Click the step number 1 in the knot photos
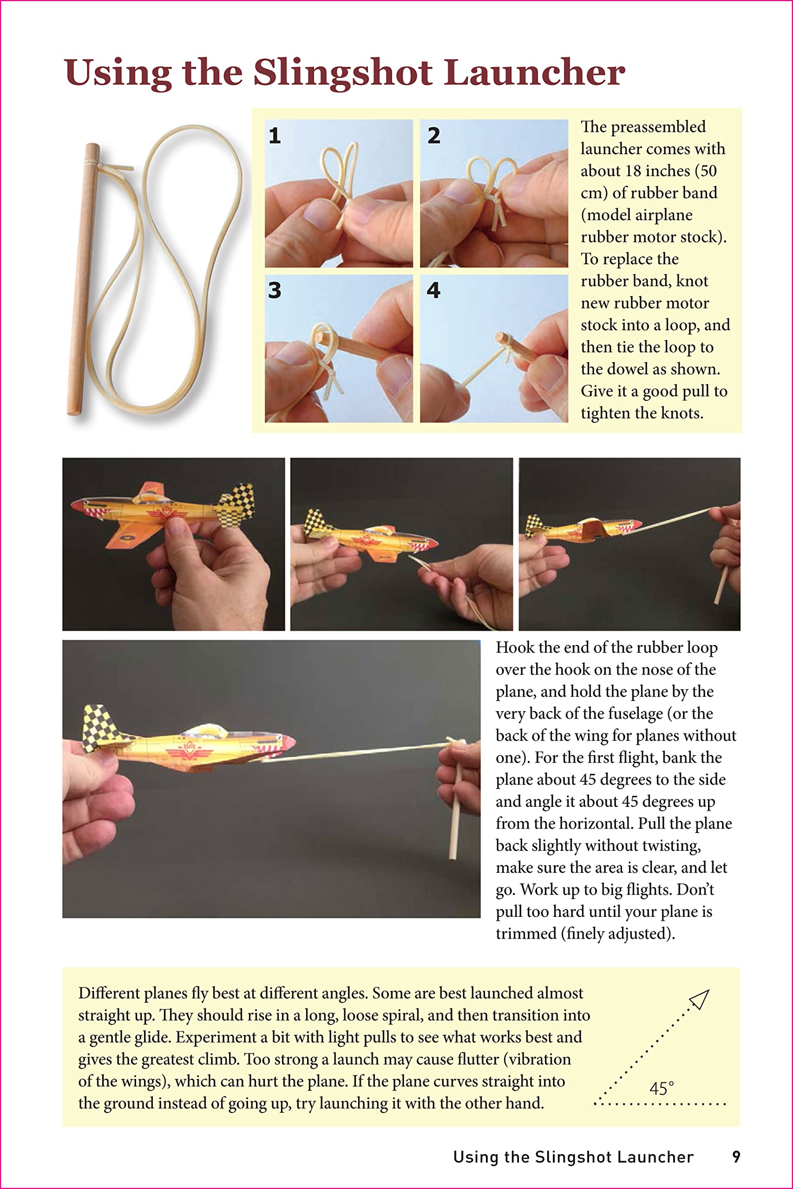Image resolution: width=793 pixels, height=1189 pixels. click(x=275, y=136)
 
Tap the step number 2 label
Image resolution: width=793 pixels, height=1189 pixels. click(x=433, y=136)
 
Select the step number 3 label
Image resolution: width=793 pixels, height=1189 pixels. click(x=275, y=290)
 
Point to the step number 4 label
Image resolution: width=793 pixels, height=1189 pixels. click(x=433, y=290)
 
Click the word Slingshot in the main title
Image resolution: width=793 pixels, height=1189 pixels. click(x=342, y=72)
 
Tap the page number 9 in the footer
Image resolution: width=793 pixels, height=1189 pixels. click(x=736, y=1157)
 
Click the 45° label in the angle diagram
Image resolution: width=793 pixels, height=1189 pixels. click(x=662, y=1088)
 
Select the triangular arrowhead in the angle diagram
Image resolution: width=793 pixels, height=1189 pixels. click(x=700, y=1000)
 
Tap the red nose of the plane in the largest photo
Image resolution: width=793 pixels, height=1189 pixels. click(x=289, y=743)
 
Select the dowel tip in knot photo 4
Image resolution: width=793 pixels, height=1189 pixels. click(x=501, y=337)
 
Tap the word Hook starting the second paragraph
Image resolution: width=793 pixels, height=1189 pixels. click(x=514, y=647)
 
